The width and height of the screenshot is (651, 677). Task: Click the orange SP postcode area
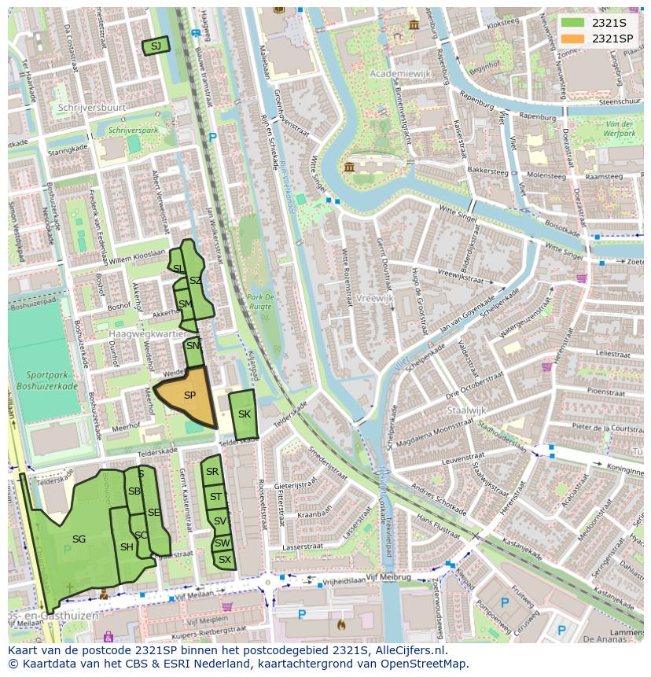point(189,396)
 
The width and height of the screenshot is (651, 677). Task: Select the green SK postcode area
point(245,414)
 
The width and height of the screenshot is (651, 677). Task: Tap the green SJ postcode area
point(156,46)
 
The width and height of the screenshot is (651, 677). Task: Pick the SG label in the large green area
point(79,539)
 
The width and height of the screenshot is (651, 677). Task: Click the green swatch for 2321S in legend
point(574,23)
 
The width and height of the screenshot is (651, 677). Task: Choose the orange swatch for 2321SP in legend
point(574,39)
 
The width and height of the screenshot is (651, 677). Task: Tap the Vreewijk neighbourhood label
point(374,299)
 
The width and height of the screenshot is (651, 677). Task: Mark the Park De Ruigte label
point(259,301)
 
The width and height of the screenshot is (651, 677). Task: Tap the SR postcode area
point(211,472)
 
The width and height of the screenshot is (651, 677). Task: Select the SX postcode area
point(225,560)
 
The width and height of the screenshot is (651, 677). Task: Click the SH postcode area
point(127,547)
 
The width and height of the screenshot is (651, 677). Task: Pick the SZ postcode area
point(196,281)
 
